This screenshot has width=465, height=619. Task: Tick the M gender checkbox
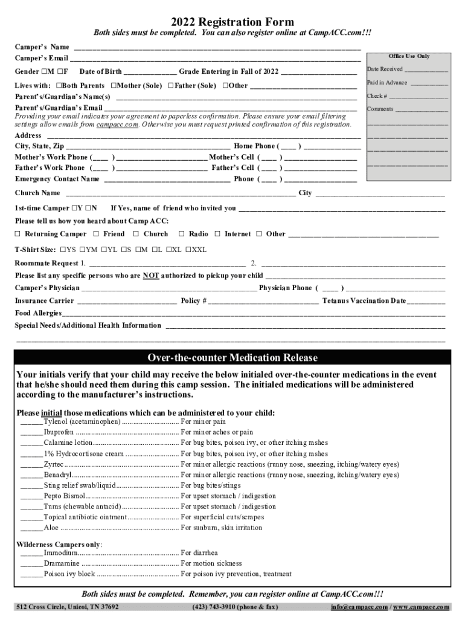pos(45,72)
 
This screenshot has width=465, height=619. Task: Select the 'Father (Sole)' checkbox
pos(171,86)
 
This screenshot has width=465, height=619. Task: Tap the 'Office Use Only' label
pos(409,56)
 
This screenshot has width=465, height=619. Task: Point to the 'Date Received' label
pos(385,70)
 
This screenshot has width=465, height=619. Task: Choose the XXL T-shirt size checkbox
pos(188,250)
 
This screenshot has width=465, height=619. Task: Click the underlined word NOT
pos(150,276)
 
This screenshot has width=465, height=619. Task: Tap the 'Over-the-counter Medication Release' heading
pos(232,358)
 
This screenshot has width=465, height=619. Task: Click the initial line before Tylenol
pos(31,421)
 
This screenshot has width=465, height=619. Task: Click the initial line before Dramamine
pos(31,563)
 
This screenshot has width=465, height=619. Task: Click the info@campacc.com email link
pos(359,607)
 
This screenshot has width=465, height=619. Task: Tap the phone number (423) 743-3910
pos(213,607)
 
